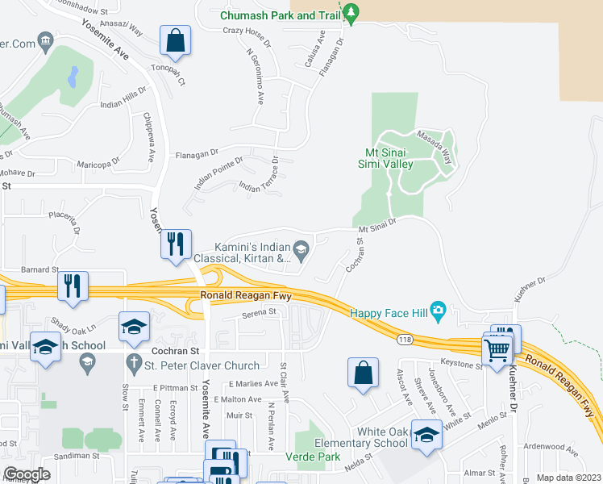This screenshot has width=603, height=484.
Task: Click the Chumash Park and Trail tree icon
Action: (x=351, y=12)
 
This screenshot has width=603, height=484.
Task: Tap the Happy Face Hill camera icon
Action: (x=438, y=310)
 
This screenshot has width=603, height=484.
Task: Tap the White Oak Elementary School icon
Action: (x=426, y=435)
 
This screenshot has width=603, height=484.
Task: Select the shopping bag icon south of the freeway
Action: (x=364, y=373)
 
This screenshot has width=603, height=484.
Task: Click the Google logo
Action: (x=27, y=474)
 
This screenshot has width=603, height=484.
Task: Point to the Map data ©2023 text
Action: (x=568, y=478)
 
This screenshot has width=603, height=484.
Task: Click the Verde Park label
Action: (x=315, y=457)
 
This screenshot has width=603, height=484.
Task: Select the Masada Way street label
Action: (x=435, y=146)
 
